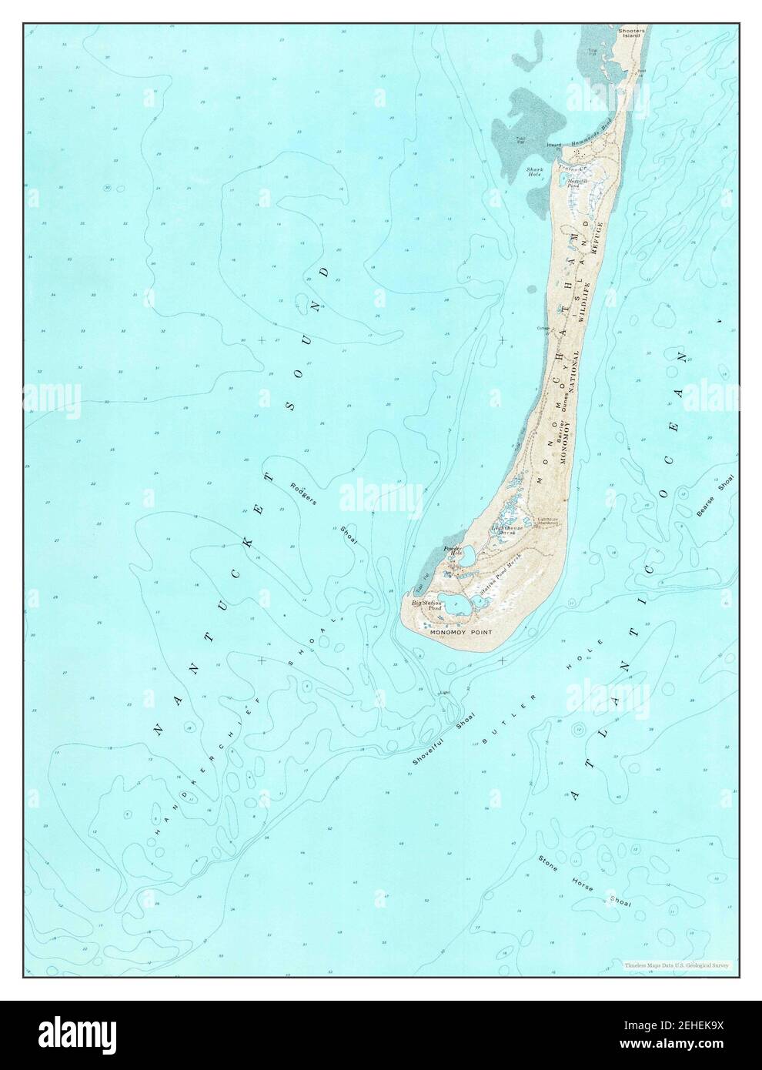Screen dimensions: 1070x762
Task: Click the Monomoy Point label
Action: [460, 632]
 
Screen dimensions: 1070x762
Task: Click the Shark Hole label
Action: [535, 171]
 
